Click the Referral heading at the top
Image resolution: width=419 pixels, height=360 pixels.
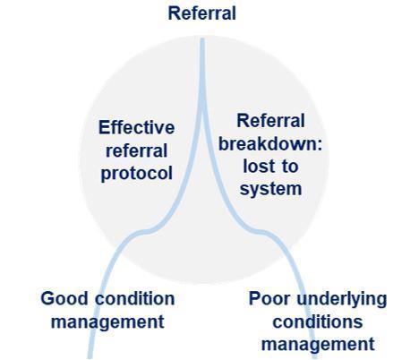pyautogui.click(x=202, y=13)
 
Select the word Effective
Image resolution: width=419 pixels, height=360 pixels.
pyautogui.click(x=137, y=127)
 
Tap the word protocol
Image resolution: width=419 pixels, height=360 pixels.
pyautogui.click(x=137, y=174)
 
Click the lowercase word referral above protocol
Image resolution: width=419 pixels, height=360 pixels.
pyautogui.click(x=137, y=150)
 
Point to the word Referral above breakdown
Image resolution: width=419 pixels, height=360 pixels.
pyautogui.click(x=270, y=121)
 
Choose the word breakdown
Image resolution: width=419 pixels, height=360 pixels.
pyautogui.click(x=270, y=143)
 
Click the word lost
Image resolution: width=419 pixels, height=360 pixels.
pyautogui.click(x=257, y=167)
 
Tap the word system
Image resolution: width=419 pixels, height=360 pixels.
pyautogui.click(x=270, y=190)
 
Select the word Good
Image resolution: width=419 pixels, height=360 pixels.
pyautogui.click(x=64, y=298)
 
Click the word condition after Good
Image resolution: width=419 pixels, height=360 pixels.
pyautogui.click(x=135, y=298)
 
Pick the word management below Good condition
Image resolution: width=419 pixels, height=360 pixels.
pyautogui.click(x=107, y=321)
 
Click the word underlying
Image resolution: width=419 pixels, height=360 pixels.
pyautogui.click(x=341, y=299)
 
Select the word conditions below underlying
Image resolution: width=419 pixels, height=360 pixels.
pyautogui.click(x=318, y=321)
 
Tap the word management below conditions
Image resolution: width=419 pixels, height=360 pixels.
pyautogui.click(x=318, y=345)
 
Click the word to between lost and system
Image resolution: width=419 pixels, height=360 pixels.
pyautogui.click(x=288, y=167)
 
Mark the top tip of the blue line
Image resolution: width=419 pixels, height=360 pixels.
pyautogui.click(x=202, y=39)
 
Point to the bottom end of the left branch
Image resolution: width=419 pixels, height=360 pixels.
pyautogui.click(x=90, y=357)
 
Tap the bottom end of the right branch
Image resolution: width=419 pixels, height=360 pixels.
pyautogui.click(x=315, y=357)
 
